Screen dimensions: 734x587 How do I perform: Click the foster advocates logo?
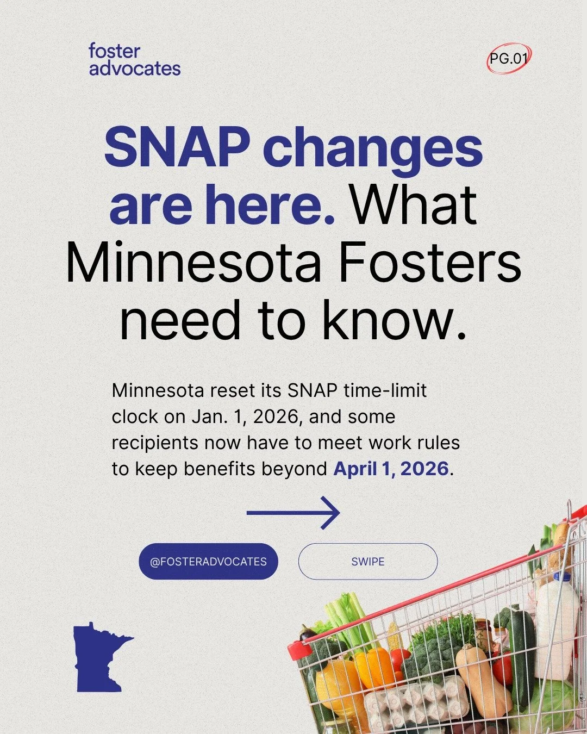[134, 60]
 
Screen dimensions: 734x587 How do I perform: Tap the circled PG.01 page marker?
[509, 58]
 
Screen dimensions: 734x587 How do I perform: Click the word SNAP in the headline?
[177, 148]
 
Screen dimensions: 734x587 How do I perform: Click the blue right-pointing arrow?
[293, 513]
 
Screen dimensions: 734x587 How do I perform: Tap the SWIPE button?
[368, 561]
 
